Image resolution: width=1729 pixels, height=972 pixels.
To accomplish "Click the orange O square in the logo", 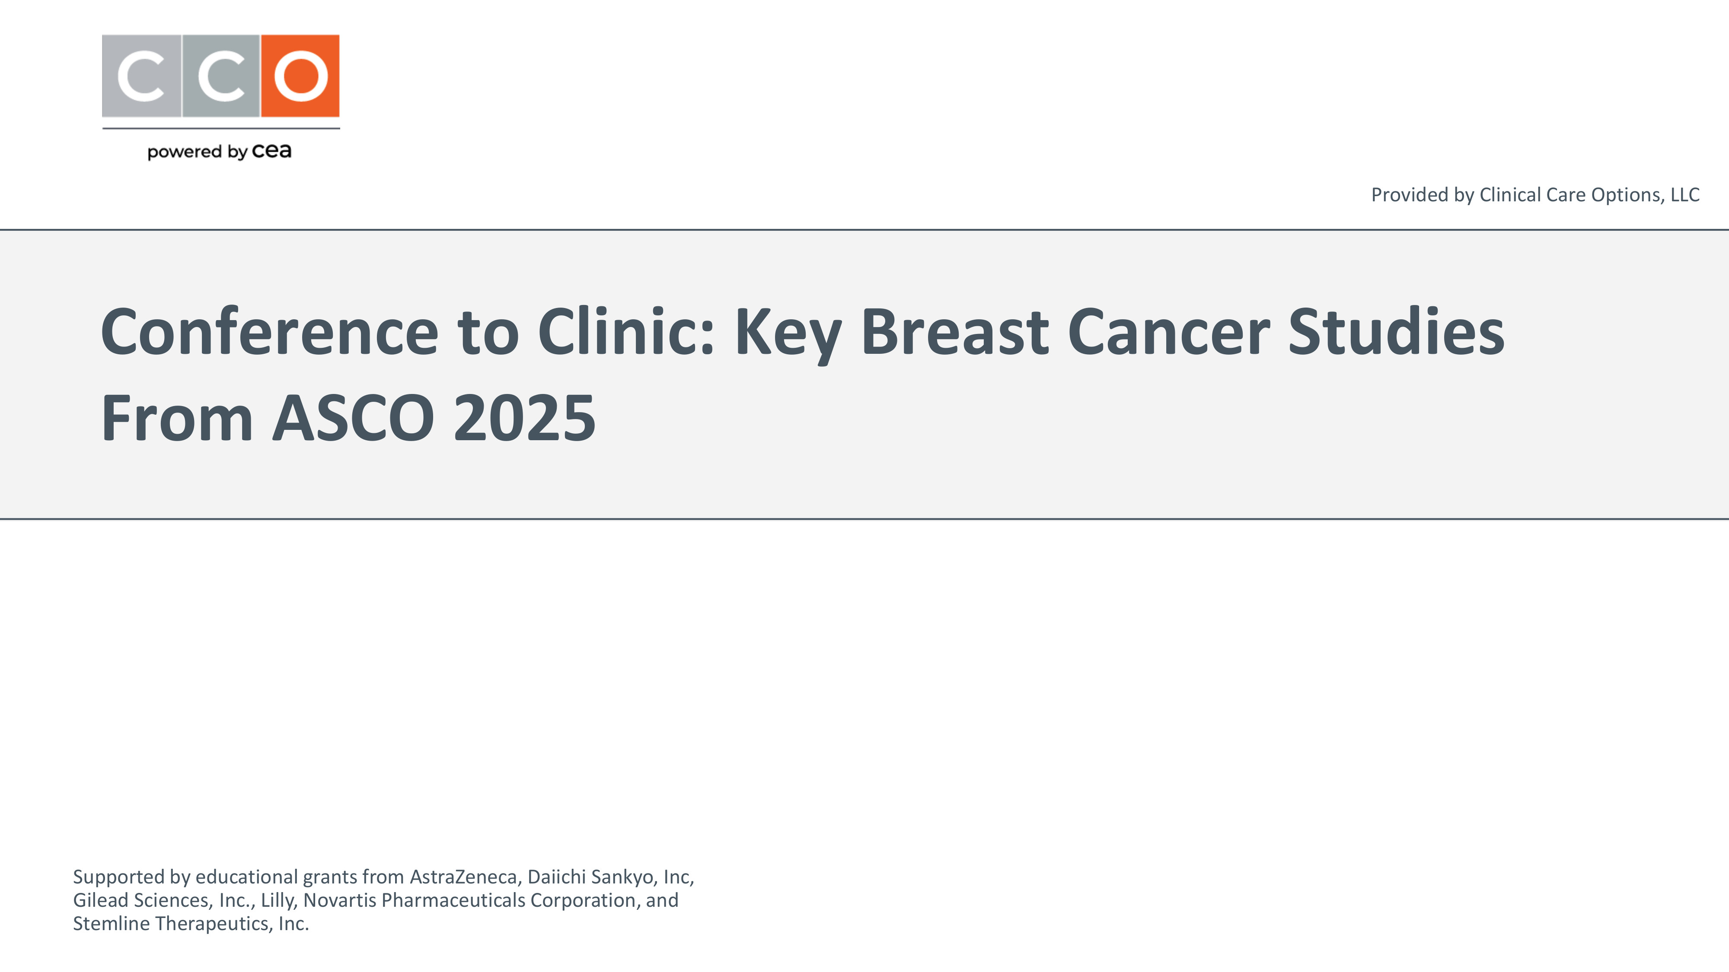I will [300, 76].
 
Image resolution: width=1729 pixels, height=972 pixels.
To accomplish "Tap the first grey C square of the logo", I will [142, 76].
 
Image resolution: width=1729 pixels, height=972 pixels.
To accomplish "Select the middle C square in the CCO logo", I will [221, 76].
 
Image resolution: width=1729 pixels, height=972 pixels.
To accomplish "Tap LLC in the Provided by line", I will [1685, 194].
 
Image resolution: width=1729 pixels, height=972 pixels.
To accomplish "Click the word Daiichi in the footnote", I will [556, 877].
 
